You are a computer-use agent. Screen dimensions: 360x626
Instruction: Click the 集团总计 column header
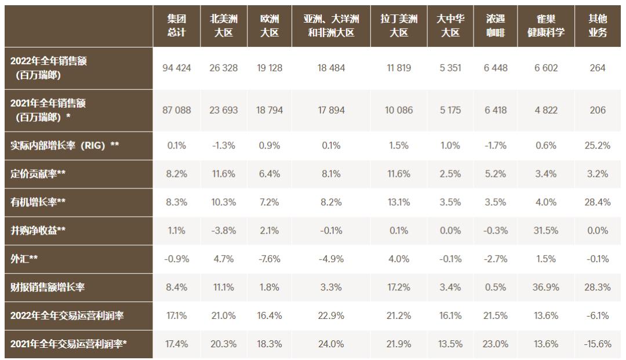[176, 26]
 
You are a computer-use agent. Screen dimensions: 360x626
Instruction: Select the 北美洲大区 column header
[223, 26]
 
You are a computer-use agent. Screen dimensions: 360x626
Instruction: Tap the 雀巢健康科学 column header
[545, 26]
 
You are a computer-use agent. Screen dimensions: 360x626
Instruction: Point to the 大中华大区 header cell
[450, 26]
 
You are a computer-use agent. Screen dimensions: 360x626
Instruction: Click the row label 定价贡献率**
[38, 174]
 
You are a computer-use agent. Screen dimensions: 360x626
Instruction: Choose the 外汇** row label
[24, 259]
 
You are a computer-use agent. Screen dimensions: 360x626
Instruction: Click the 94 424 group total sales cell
[176, 68]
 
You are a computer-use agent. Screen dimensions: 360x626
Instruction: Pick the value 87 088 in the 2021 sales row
[176, 110]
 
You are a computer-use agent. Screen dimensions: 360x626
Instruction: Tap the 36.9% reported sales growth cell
[545, 287]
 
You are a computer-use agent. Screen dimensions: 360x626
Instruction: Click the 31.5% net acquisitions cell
[545, 231]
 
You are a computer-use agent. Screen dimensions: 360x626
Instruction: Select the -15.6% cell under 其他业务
[598, 344]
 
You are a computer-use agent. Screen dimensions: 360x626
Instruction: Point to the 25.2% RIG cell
[598, 146]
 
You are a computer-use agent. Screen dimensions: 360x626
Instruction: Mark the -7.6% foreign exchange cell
[270, 259]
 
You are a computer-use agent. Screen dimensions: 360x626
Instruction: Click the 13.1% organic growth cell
[399, 202]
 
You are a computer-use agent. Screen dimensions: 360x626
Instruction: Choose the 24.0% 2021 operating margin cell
[331, 344]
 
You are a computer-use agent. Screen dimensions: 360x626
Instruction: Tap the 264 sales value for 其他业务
[598, 68]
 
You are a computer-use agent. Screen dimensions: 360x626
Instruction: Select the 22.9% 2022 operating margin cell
[331, 316]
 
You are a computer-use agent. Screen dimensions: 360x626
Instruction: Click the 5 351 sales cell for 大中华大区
[450, 68]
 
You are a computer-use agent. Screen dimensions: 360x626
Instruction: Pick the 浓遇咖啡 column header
[495, 26]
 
